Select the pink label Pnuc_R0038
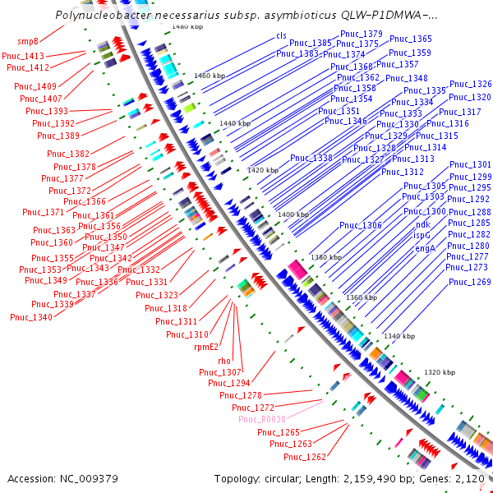[261, 419]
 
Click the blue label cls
[282, 35]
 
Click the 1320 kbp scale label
[438, 372]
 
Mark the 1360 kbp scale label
[362, 297]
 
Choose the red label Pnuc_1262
[305, 457]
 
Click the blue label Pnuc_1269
[469, 282]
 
